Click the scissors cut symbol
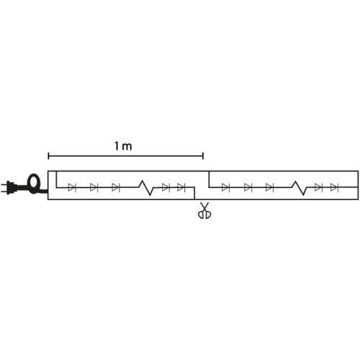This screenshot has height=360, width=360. (x=204, y=210)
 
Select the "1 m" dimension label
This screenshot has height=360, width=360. (x=123, y=146)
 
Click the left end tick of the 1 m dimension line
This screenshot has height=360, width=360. (x=48, y=156)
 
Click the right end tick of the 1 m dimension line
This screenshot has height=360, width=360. (x=203, y=156)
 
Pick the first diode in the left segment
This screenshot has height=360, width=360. (x=72, y=187)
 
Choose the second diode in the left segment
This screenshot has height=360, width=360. (x=94, y=187)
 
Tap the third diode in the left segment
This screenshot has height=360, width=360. (x=116, y=187)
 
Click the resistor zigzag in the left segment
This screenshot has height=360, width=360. (x=147, y=188)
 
